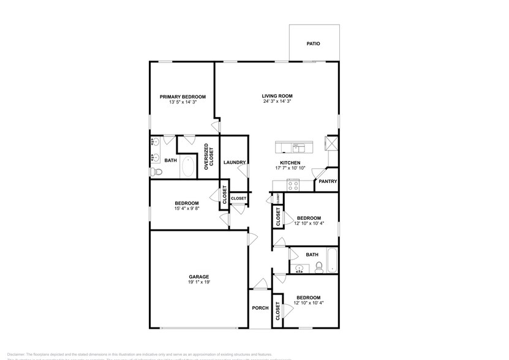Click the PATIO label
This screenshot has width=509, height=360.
click(x=313, y=44)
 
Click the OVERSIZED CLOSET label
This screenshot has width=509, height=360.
click(x=209, y=157)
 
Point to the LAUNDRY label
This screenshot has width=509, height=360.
click(x=234, y=163)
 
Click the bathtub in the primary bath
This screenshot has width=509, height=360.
click(x=188, y=167)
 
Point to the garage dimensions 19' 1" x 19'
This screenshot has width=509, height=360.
click(x=198, y=283)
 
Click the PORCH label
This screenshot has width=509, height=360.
click(x=260, y=308)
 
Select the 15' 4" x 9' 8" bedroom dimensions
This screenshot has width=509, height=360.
click(x=186, y=208)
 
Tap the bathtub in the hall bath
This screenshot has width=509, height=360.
click(x=332, y=260)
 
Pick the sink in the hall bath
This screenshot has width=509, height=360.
click(x=300, y=268)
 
